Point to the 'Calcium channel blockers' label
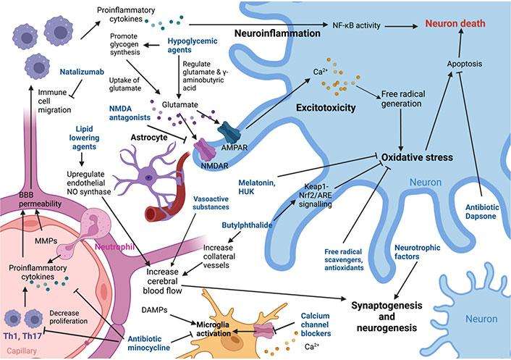pos(306,324)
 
